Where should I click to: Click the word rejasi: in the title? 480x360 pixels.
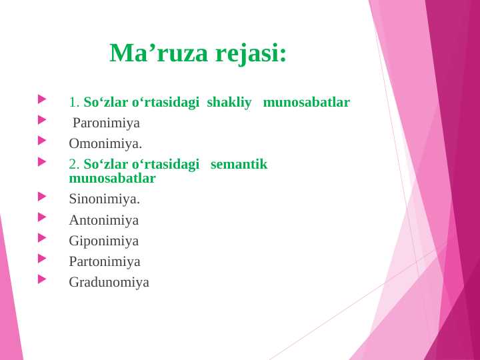(251, 53)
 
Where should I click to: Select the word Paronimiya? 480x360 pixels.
(106, 123)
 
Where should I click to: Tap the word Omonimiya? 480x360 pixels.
(105, 143)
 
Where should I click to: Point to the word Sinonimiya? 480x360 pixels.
(104, 199)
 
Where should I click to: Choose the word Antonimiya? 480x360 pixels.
(104, 220)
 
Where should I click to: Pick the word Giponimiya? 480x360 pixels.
(104, 241)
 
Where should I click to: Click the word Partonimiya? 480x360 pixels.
(105, 261)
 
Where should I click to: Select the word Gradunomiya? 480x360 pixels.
(109, 282)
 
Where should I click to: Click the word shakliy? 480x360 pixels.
(229, 102)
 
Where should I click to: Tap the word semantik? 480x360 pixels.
(239, 164)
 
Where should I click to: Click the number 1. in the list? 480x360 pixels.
(74, 103)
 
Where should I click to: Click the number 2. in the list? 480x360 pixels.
(74, 164)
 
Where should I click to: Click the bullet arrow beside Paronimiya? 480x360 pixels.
(43, 120)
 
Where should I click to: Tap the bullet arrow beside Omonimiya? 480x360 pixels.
(43, 141)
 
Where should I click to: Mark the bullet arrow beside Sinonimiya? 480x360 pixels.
(43, 196)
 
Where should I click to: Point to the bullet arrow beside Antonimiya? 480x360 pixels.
(43, 217)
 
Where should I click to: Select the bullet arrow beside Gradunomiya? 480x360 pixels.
(43, 279)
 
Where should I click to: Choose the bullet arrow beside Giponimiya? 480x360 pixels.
(43, 237)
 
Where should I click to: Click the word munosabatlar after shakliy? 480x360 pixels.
(307, 102)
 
